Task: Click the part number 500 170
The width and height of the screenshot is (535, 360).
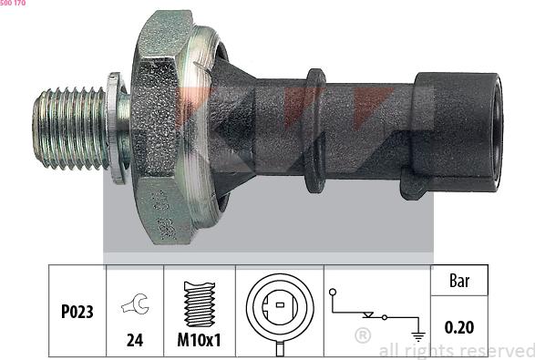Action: [14, 5]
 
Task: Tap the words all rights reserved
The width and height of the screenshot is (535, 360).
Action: [456, 350]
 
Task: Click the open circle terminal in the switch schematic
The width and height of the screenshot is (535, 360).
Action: [335, 292]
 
